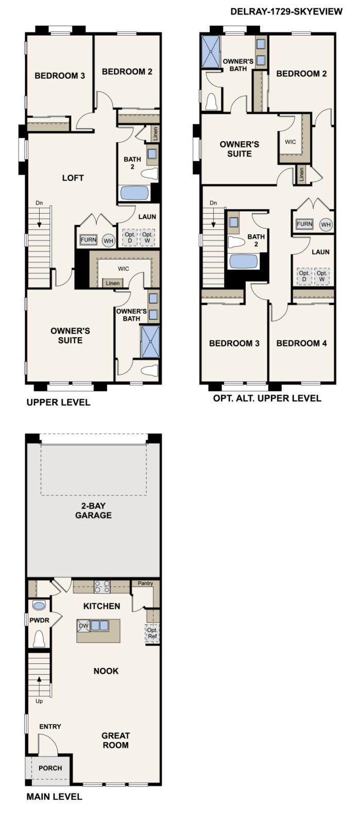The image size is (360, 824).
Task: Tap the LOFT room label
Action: point(73,178)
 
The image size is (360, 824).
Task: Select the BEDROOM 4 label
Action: point(301,343)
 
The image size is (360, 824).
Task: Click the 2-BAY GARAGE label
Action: point(93,510)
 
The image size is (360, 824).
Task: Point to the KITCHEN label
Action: point(102,606)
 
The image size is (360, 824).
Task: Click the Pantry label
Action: point(145,583)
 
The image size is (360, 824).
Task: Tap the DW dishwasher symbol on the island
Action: point(83,626)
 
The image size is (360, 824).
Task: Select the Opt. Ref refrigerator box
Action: point(152,633)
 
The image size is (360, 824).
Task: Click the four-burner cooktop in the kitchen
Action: point(102,586)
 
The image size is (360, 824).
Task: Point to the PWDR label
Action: point(39,620)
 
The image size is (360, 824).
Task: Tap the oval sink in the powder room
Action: point(39,605)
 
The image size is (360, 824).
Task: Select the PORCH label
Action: point(50,768)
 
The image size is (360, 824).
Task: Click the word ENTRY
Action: point(50,727)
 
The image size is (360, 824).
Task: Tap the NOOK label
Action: point(106,671)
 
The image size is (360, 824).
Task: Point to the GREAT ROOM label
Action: point(115,740)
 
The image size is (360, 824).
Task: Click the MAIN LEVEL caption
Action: point(54,797)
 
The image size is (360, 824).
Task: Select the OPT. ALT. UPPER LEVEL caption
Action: point(267,398)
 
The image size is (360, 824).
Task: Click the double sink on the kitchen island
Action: point(100,626)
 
